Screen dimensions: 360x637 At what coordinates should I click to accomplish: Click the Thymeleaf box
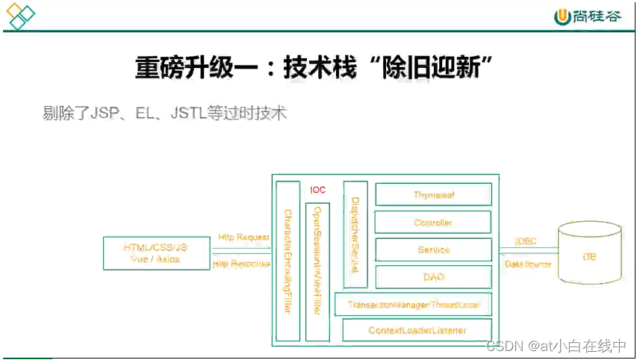(x=433, y=195)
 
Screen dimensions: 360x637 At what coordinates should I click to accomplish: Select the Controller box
(x=433, y=223)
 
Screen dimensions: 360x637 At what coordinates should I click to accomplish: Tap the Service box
(x=433, y=249)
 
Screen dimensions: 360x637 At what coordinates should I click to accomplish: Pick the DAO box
(x=433, y=277)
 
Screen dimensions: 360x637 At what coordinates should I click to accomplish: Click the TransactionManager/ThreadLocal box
(x=413, y=305)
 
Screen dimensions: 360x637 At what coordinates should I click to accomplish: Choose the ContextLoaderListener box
(x=417, y=330)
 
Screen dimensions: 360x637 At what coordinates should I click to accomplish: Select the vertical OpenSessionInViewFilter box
(x=317, y=271)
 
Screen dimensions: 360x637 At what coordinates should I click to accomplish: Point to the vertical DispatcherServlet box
(x=355, y=234)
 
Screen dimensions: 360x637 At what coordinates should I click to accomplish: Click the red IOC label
(x=318, y=190)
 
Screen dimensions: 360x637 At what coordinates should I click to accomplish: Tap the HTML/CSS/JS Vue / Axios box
(x=155, y=253)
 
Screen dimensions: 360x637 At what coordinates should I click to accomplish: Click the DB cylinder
(x=589, y=256)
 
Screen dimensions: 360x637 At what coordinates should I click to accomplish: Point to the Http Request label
(x=243, y=238)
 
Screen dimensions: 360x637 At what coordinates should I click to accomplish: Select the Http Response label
(x=241, y=264)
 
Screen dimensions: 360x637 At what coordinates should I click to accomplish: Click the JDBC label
(x=526, y=241)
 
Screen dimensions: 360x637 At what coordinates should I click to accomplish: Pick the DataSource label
(x=528, y=264)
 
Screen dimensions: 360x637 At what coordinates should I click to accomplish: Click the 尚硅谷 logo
(x=587, y=16)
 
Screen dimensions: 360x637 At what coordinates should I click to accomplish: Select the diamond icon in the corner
(x=20, y=16)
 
